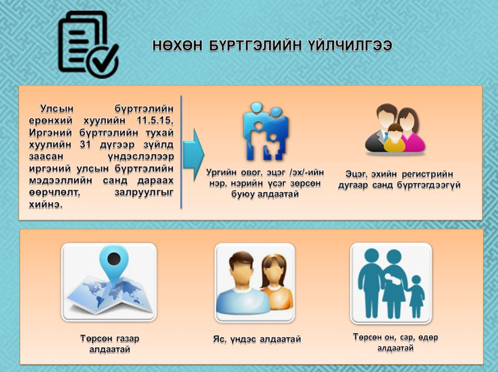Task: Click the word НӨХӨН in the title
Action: [x=178, y=46]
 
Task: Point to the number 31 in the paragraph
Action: [x=85, y=144]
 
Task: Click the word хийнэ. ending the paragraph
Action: [x=46, y=204]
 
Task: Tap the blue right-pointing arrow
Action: [x=194, y=154]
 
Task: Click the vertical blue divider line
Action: [x=181, y=152]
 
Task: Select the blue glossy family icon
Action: [x=266, y=131]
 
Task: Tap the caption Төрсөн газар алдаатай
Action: [x=110, y=344]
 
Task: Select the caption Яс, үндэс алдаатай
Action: [x=257, y=339]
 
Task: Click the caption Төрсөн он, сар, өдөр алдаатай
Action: [x=396, y=342]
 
